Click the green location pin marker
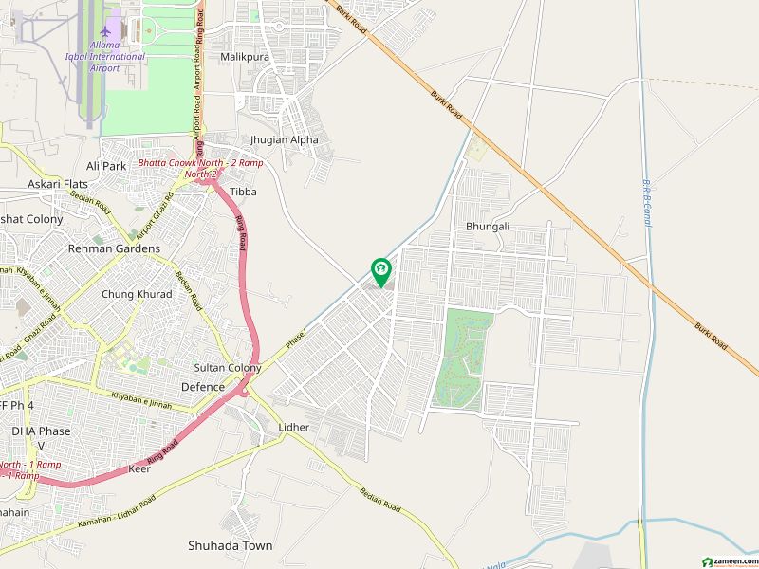[x=379, y=272]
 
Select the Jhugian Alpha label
[x=284, y=139]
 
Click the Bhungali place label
[x=488, y=228]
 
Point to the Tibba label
[x=243, y=192]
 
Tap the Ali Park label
[x=105, y=166]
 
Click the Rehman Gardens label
[x=114, y=248]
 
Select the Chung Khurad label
[x=137, y=294]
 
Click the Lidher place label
[x=294, y=428]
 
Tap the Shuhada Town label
[x=230, y=545]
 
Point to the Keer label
[x=139, y=468]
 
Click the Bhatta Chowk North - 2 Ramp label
[x=200, y=168]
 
